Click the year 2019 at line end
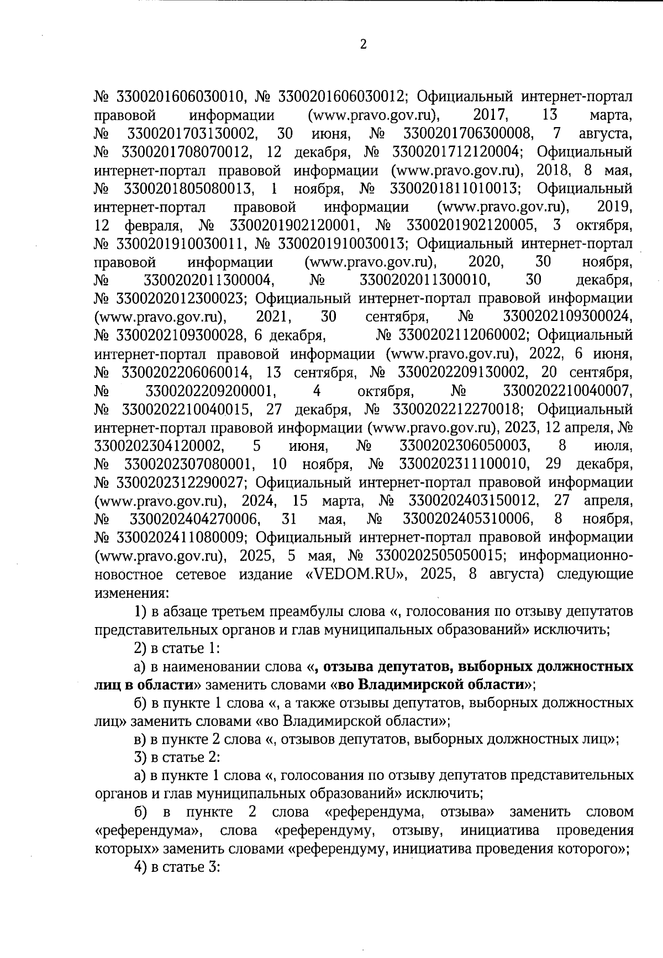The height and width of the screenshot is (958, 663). (x=615, y=207)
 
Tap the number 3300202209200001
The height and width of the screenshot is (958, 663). (x=211, y=391)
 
